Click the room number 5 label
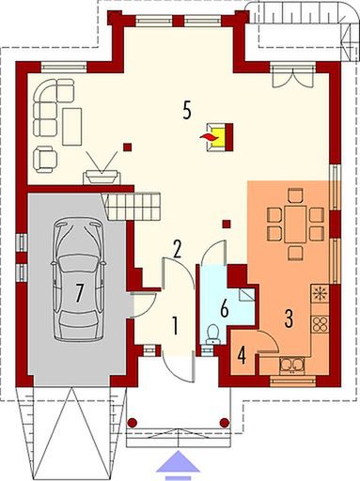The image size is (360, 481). coord(187,110)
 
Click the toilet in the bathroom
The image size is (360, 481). coord(213,334)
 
